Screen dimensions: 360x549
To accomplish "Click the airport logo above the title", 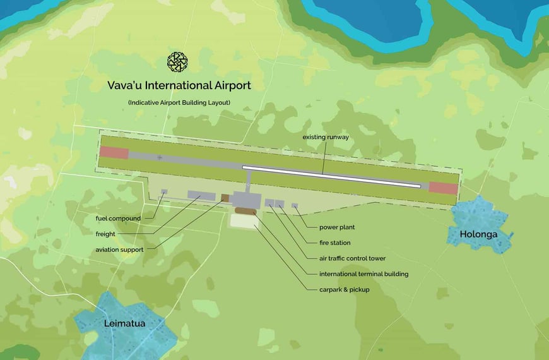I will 177,62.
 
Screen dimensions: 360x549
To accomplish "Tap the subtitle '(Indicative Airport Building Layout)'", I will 179,102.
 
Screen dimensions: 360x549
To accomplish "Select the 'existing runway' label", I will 326,137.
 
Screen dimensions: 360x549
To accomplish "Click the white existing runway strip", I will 331,176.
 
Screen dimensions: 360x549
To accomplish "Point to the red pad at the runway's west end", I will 114,153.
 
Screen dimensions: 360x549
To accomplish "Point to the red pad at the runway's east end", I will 442,187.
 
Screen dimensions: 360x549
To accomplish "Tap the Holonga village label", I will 478,234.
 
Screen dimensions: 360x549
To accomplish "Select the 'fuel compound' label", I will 118,219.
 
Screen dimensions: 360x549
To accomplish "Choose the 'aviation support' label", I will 119,249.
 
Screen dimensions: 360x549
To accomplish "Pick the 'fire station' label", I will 335,243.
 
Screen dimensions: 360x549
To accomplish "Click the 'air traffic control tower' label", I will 353,258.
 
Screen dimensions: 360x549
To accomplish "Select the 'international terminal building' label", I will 364,274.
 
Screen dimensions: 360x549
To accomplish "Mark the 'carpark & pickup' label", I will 345,290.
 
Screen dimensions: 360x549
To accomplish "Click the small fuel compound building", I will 164,191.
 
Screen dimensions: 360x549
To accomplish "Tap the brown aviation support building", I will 225,198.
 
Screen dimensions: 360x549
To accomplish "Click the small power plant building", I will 295,206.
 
